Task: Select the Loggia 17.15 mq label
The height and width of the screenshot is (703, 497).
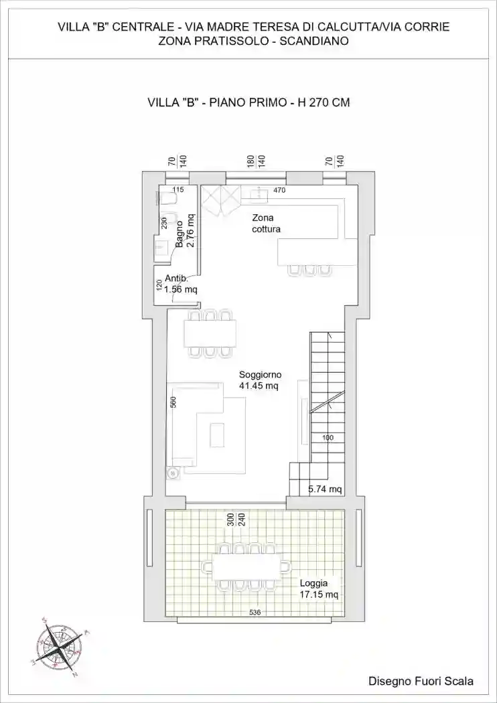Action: point(318,589)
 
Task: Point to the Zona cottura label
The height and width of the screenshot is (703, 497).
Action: point(267,224)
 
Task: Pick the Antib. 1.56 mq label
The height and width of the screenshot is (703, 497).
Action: point(181,284)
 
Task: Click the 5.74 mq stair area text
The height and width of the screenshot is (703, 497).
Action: point(325,489)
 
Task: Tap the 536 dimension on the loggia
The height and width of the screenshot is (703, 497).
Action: point(255,613)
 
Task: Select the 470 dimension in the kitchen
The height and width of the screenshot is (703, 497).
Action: point(279,191)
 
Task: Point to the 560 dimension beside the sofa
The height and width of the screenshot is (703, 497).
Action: point(173,402)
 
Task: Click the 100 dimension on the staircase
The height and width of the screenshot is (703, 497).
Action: point(328,438)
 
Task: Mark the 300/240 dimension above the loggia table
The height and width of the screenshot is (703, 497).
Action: point(236,519)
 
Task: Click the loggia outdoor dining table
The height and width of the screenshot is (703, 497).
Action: point(246,567)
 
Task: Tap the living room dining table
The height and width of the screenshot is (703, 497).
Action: point(210,334)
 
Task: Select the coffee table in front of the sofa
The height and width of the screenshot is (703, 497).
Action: point(217,435)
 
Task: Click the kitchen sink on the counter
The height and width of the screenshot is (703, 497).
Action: point(259,193)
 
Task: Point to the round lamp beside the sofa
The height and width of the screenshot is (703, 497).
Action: point(172,473)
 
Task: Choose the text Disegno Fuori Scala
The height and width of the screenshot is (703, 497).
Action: point(420,682)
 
